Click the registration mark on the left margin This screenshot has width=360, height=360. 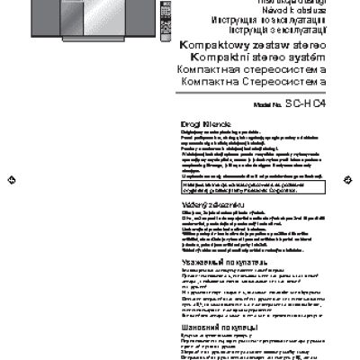(x=8, y=180)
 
